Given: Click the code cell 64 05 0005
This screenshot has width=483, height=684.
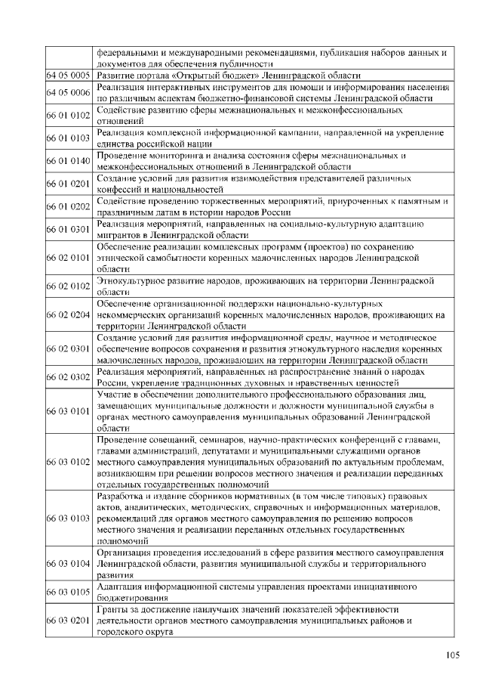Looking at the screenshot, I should (69, 76).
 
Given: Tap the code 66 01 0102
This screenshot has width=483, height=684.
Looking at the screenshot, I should (69, 116).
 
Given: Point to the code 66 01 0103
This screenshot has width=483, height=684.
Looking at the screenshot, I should (69, 138).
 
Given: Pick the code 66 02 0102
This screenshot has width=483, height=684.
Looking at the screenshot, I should (69, 286).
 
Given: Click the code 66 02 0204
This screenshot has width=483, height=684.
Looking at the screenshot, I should (69, 314).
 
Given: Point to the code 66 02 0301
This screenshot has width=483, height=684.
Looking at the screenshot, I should (69, 348).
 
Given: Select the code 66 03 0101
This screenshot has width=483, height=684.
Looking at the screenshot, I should (69, 410).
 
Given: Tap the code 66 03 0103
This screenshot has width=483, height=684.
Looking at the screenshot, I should (69, 518).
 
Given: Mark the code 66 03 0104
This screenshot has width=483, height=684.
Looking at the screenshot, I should (69, 563).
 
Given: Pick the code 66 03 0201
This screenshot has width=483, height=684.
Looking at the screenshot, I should (69, 620).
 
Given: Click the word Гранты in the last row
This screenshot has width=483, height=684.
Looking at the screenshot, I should (113, 608).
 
